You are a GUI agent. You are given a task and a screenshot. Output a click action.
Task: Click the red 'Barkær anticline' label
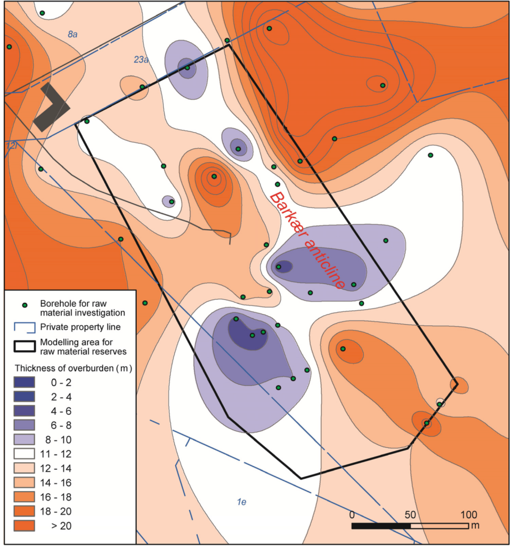click(x=307, y=240)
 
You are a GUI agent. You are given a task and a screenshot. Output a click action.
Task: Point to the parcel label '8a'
click(x=73, y=35)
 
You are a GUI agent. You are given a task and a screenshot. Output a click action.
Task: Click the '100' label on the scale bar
click(x=468, y=515)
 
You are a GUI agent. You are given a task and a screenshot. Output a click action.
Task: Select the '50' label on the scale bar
click(x=410, y=515)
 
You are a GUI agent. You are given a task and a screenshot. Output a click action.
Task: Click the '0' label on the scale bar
click(x=352, y=515)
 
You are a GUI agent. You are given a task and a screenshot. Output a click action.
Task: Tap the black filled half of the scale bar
click(x=381, y=526)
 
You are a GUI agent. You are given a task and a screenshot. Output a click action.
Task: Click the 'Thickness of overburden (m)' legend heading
click(x=73, y=368)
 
